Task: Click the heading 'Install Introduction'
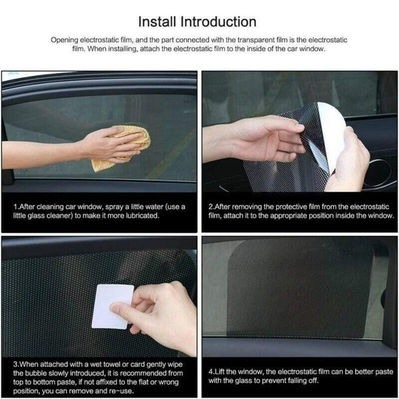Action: tap(199, 23)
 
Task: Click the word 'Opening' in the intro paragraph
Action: tap(65, 40)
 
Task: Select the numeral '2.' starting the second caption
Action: tap(211, 207)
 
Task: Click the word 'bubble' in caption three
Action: tap(33, 373)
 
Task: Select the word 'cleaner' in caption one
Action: tap(63, 215)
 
